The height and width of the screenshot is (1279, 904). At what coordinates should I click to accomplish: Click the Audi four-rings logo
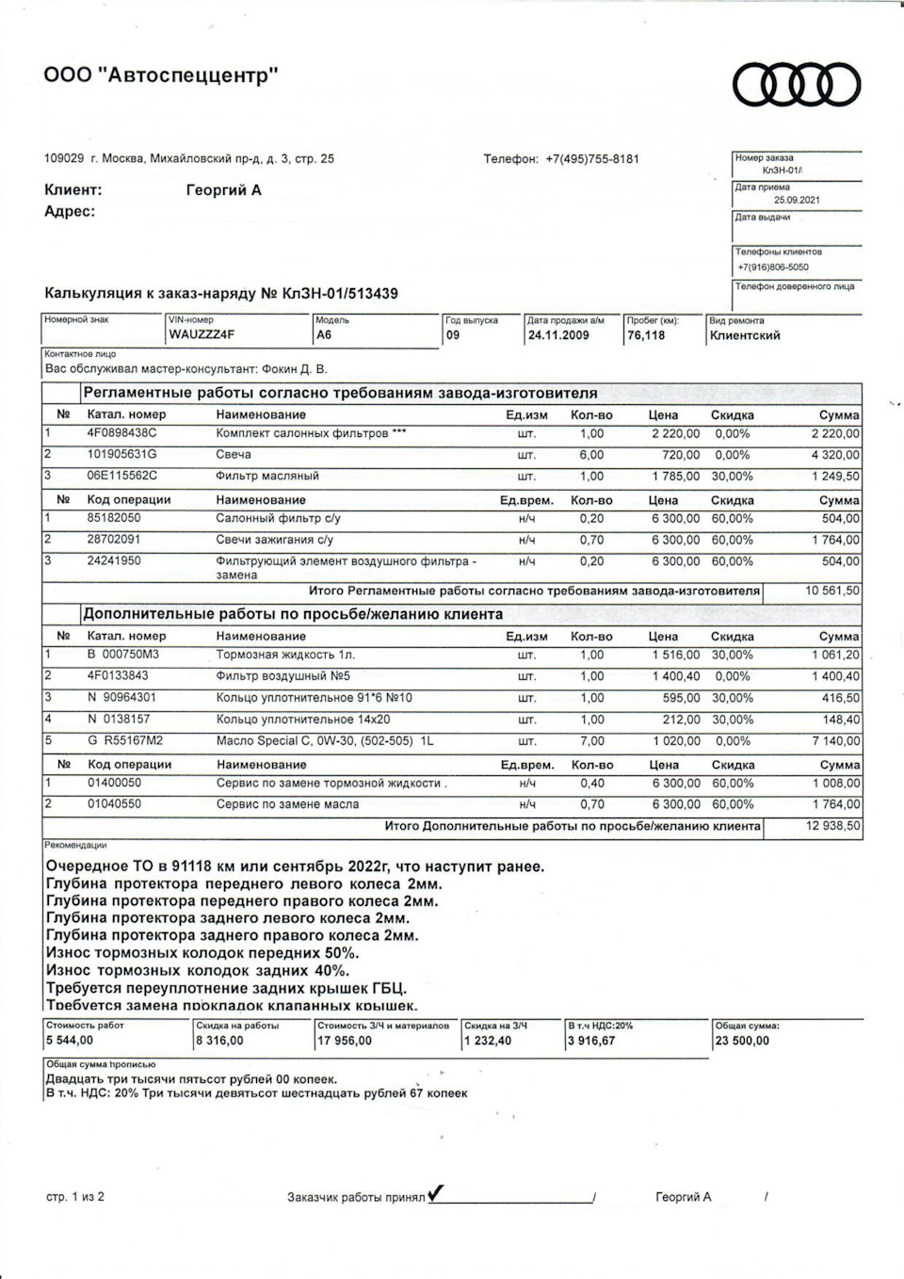(797, 86)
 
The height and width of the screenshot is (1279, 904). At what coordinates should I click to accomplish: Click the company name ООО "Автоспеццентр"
(161, 75)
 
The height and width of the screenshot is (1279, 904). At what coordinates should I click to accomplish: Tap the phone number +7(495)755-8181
(591, 159)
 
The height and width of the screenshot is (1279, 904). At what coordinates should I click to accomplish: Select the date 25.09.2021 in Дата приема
(797, 200)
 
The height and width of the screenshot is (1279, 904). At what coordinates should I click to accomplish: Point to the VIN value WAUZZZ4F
(202, 335)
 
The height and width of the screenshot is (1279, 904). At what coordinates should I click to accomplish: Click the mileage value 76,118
(646, 335)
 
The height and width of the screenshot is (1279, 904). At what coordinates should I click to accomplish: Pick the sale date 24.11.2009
(558, 335)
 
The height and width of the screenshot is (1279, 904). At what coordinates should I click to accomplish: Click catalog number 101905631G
(122, 455)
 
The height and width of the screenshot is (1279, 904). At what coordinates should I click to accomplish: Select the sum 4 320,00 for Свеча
(835, 455)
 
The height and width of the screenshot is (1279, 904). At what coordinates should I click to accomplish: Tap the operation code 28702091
(114, 540)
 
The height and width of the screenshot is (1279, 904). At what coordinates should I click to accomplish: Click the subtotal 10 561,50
(832, 591)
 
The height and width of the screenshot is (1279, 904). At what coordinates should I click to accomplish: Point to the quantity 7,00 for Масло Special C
(591, 741)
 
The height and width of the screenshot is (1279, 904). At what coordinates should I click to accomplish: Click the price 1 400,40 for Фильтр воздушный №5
(675, 676)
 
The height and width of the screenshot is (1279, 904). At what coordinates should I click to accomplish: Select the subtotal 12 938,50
(832, 826)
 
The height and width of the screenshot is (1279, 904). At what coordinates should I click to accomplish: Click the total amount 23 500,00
(742, 1041)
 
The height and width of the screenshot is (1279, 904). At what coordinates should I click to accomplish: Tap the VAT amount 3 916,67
(591, 1041)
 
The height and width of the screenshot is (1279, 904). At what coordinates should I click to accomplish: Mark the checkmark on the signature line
(436, 1194)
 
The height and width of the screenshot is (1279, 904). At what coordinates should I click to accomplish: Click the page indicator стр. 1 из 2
(75, 1197)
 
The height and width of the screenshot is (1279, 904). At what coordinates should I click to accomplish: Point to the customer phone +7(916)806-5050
(773, 267)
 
